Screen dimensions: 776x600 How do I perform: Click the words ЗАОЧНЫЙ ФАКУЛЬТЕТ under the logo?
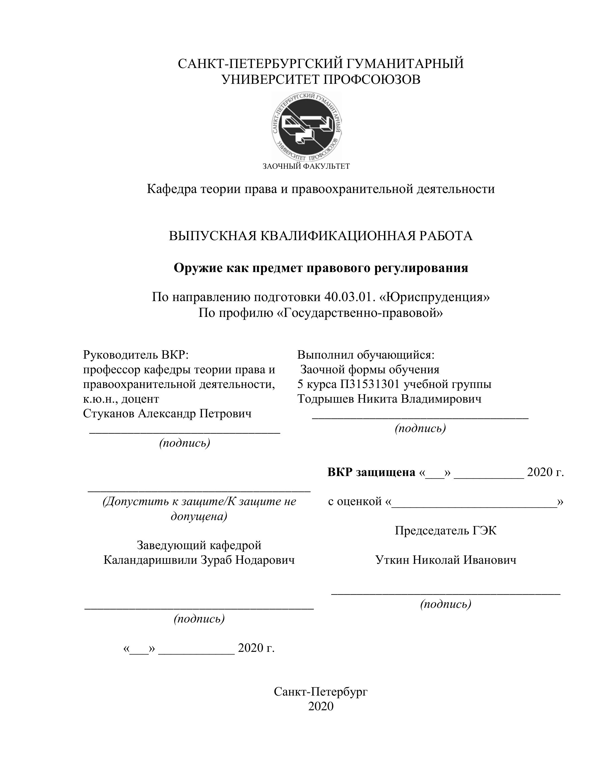306,166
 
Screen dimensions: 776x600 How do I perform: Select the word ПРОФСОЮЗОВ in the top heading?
372,80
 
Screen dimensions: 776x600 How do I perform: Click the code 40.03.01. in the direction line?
350,297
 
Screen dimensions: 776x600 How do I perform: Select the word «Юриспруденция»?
434,297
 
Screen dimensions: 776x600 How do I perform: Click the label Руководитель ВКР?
136,355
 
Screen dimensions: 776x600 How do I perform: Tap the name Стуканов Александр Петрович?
167,414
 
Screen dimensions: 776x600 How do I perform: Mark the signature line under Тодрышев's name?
420,418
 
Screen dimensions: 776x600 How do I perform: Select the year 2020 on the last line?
321,707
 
